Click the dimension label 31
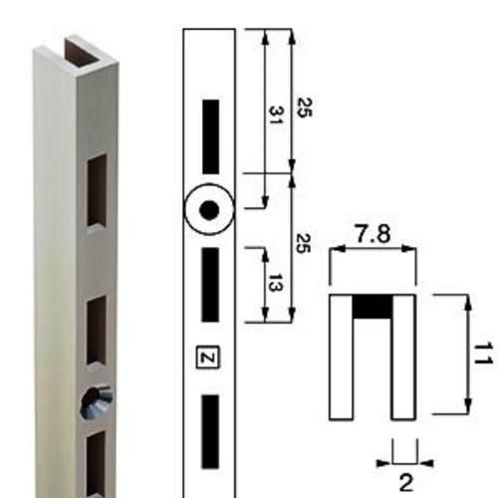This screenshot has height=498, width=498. (275, 115)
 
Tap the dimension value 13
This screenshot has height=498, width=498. (275, 283)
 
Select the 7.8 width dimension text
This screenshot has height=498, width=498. (373, 233)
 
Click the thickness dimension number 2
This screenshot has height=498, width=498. (405, 483)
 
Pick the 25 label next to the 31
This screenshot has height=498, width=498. (304, 108)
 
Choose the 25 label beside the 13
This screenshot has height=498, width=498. (303, 244)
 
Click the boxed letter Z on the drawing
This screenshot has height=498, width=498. (208, 358)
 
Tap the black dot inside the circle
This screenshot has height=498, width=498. (209, 210)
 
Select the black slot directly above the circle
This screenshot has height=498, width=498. (211, 136)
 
